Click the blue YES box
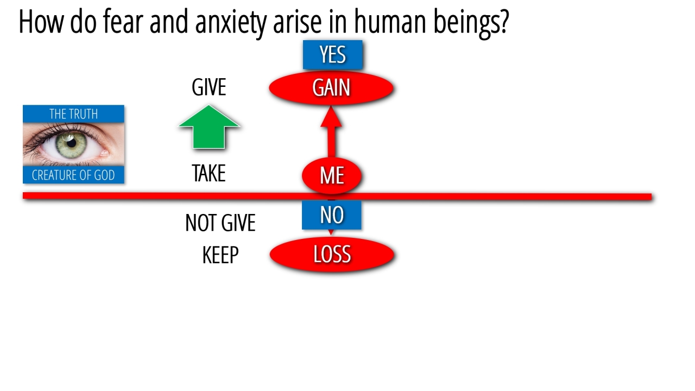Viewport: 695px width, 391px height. click(332, 55)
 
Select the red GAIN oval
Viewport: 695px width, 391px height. click(331, 88)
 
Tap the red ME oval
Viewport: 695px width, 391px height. click(332, 175)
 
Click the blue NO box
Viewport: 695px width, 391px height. click(332, 216)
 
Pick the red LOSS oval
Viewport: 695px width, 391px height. click(332, 255)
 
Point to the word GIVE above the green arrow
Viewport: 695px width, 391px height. click(209, 87)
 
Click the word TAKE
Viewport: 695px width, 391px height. click(208, 174)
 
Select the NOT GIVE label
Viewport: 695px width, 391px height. click(220, 223)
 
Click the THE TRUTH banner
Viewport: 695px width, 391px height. click(73, 114)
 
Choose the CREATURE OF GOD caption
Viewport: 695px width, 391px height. click(73, 175)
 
